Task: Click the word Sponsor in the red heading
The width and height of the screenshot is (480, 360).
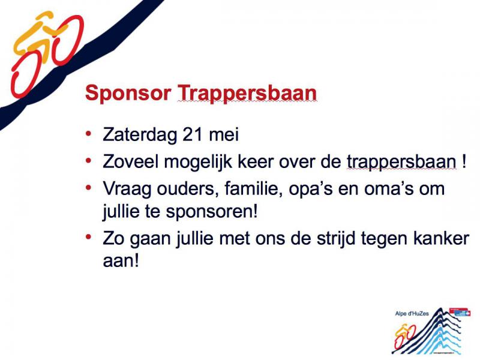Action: [128, 93]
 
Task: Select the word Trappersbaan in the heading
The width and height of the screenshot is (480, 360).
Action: [247, 92]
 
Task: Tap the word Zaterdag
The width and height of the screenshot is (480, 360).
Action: [140, 134]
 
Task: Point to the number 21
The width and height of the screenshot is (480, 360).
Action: [192, 134]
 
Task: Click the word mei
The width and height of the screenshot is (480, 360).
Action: [223, 134]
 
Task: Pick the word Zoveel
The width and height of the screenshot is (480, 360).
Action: [131, 161]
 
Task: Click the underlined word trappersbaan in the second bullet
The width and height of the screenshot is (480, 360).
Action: [401, 163]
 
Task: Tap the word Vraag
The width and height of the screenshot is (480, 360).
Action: [127, 190]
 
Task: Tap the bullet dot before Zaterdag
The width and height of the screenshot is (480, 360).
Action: [89, 133]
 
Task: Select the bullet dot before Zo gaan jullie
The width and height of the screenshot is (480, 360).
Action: [89, 236]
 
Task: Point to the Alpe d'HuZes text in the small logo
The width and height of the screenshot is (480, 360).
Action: [412, 313]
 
